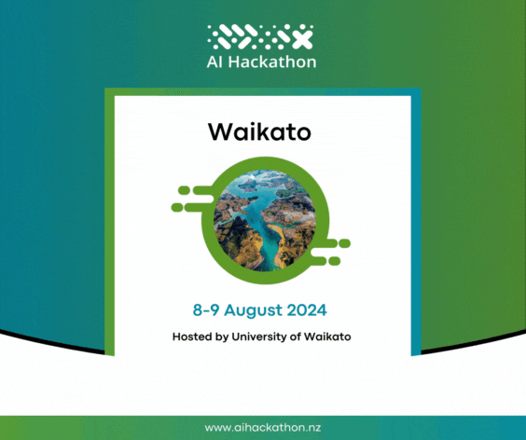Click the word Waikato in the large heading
[259, 131]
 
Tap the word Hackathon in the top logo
[272, 62]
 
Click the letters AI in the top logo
[215, 62]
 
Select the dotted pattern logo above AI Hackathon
[260, 36]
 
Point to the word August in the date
[254, 310]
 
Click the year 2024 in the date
[307, 309]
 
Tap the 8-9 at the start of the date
[206, 309]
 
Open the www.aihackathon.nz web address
[263, 428]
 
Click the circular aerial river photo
[265, 220]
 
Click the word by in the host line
[222, 337]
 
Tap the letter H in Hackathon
[234, 62]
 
